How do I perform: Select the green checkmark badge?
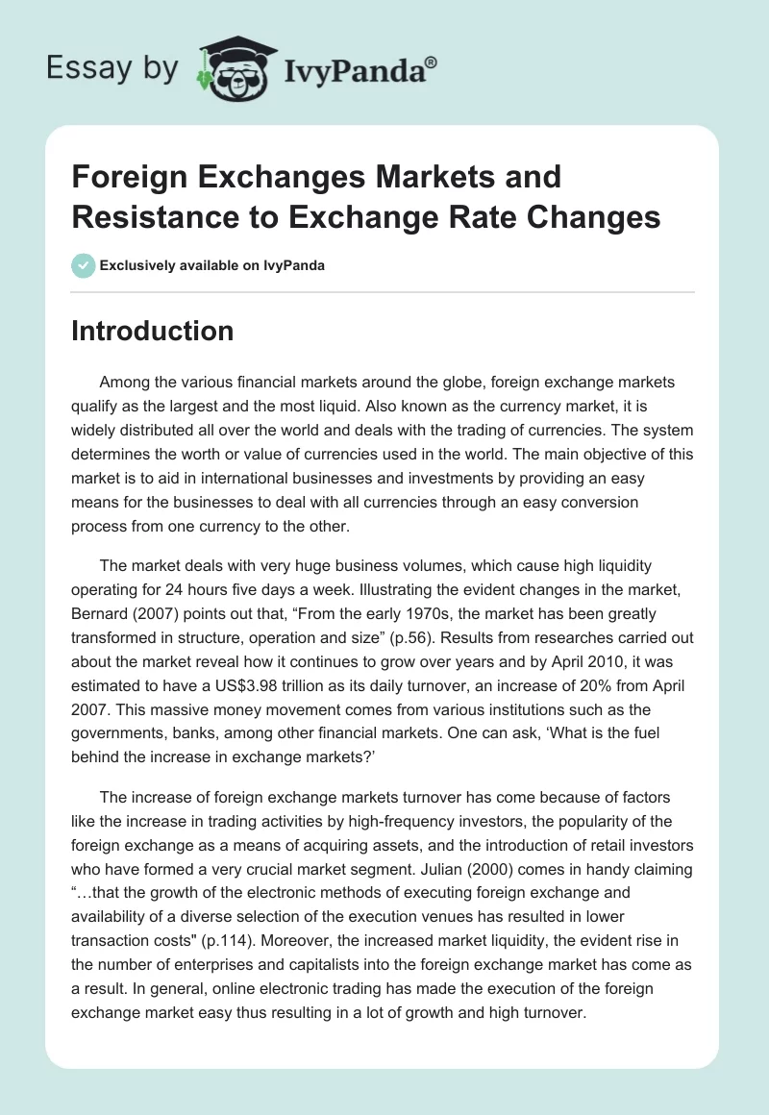[x=83, y=265]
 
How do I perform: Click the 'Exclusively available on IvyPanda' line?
[x=211, y=265]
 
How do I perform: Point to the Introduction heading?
[x=153, y=331]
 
